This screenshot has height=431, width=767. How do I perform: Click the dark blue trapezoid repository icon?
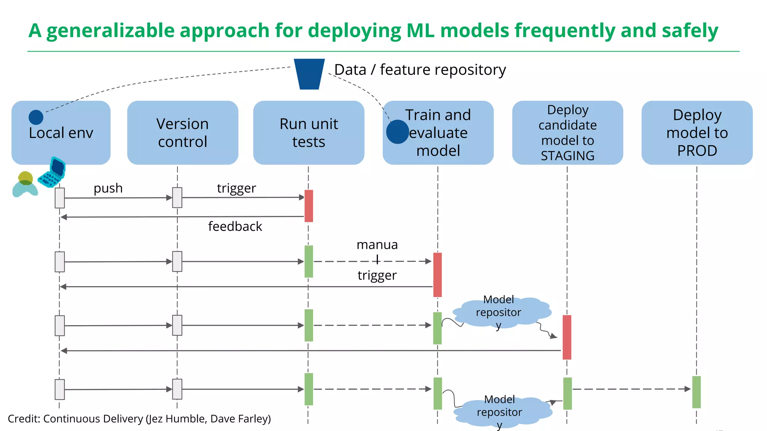(x=309, y=74)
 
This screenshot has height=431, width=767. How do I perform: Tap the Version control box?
(x=182, y=132)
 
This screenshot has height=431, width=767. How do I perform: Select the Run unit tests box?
(x=309, y=132)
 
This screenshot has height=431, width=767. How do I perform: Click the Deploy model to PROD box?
(x=697, y=132)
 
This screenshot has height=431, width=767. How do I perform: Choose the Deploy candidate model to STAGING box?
(x=567, y=132)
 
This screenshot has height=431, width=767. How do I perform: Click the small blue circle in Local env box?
(x=36, y=117)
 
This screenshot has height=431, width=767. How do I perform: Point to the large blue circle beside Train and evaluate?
(x=397, y=132)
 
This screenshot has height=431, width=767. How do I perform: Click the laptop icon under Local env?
(x=53, y=172)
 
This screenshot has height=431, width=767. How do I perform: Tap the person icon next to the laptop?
(x=25, y=184)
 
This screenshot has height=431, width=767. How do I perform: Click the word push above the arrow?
(x=108, y=188)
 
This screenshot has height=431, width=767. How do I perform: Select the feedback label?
(x=235, y=226)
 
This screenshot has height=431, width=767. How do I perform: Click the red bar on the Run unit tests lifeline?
(x=309, y=206)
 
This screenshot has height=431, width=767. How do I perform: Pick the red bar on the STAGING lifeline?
(x=567, y=337)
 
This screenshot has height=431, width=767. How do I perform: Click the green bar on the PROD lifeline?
(x=696, y=392)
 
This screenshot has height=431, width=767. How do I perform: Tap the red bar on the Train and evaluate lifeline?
(x=437, y=275)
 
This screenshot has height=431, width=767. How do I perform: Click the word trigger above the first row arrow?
(x=236, y=188)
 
